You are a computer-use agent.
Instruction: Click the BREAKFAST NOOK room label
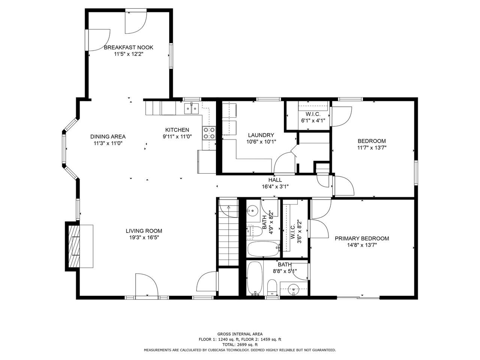(128, 47)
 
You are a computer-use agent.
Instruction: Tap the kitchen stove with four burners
(209, 133)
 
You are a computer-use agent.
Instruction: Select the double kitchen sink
(191, 108)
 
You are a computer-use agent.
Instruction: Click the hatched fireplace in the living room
(74, 246)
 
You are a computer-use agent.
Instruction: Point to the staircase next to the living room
(228, 232)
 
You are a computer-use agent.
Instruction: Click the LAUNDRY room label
(261, 135)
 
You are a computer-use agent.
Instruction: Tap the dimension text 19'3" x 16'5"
(144, 237)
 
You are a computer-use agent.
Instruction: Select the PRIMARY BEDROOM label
(362, 238)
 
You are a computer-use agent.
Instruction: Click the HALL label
(275, 180)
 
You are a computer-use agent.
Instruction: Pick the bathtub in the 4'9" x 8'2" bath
(263, 249)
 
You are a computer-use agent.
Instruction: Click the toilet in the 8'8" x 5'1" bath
(272, 287)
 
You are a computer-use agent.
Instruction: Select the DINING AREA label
(108, 136)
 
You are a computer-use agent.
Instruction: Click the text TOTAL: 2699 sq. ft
(240, 345)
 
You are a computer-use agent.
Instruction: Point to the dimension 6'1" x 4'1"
(313, 120)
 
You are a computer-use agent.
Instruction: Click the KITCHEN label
(177, 130)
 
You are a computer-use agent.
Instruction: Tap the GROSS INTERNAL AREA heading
(240, 334)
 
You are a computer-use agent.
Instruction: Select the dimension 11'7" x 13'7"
(372, 147)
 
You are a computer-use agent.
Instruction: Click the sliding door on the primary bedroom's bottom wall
(358, 297)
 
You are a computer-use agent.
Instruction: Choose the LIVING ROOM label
(144, 231)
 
